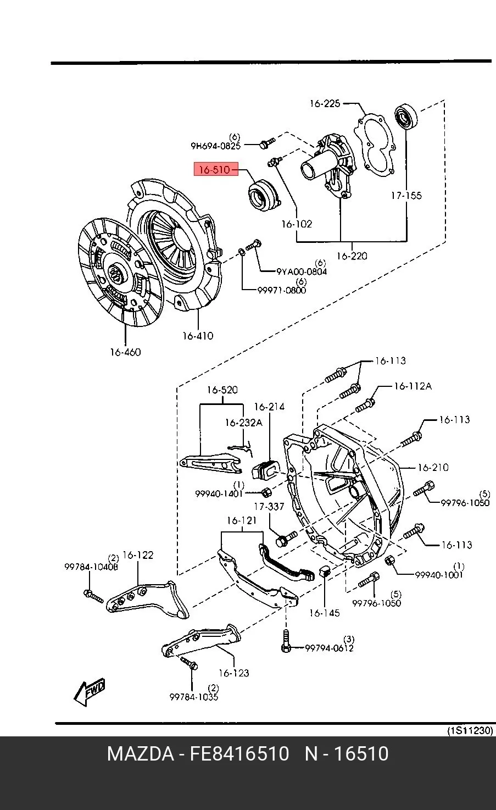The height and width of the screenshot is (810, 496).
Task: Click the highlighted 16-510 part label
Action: point(216,169)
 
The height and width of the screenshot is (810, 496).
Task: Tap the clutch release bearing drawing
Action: point(264,196)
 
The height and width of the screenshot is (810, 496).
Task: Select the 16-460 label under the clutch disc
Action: point(125,352)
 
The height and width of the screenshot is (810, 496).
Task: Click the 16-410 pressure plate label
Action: point(198,336)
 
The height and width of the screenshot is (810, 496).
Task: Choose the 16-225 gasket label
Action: point(325,103)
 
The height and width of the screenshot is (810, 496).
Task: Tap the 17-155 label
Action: point(406,196)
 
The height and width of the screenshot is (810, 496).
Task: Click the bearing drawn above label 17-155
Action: point(406,116)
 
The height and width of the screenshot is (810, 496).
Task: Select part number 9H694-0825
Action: point(215,146)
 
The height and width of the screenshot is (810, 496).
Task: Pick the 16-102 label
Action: point(297,224)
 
